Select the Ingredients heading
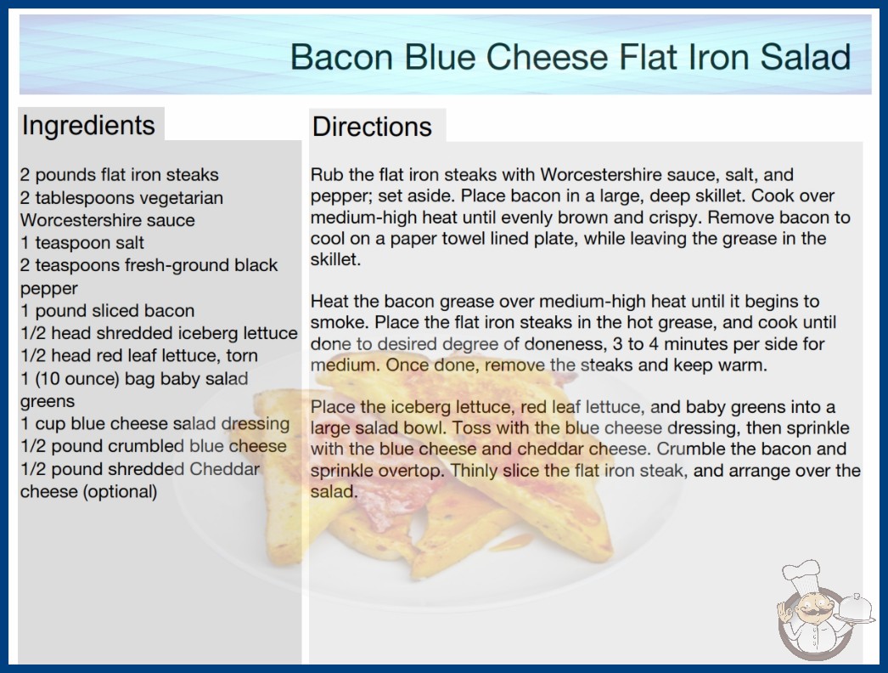(x=88, y=126)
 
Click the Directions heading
(x=372, y=127)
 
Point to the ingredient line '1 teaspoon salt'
(x=82, y=243)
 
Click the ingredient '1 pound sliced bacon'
(x=108, y=311)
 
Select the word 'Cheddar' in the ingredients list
(x=224, y=469)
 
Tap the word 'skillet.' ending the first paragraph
(x=335, y=260)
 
